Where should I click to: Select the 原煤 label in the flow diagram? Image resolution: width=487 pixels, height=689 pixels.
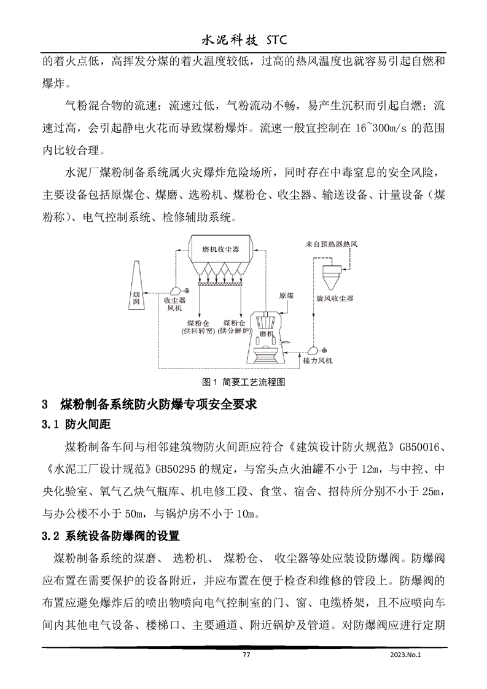coord(286,295)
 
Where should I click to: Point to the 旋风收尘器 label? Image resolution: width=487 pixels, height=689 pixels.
coord(335,298)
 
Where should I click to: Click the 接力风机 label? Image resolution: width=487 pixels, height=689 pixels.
coord(318,360)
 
